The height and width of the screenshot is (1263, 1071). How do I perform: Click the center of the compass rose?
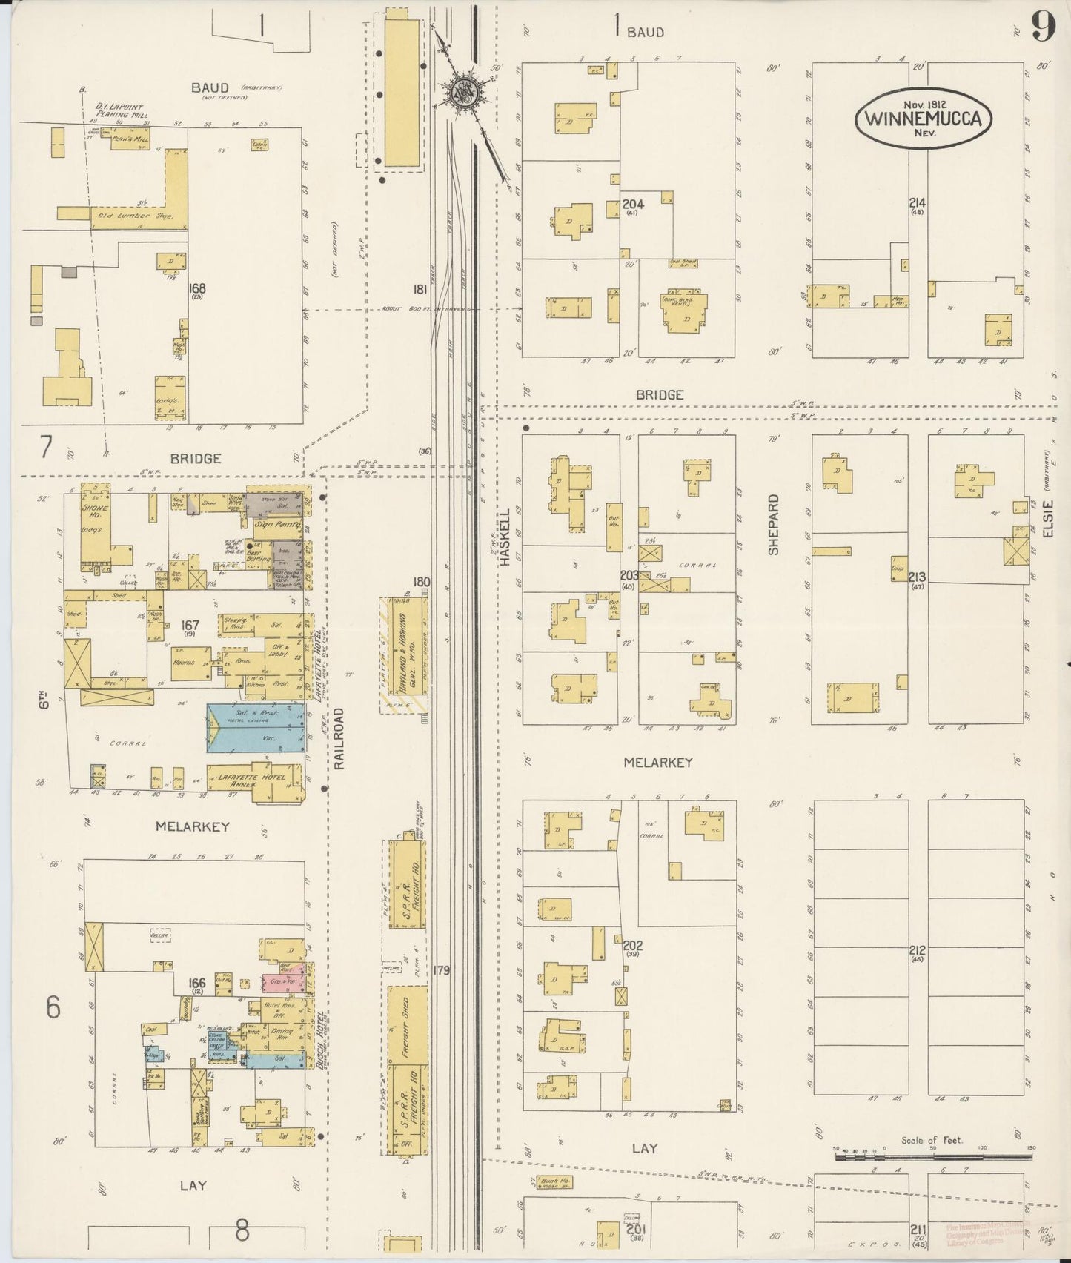point(465,93)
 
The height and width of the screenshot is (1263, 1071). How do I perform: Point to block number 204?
point(633,204)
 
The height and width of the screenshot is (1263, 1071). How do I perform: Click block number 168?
point(197,288)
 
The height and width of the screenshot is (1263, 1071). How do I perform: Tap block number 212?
point(918,949)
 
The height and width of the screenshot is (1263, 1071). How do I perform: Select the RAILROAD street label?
point(339,738)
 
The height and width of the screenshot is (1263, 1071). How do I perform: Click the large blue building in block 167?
point(256,728)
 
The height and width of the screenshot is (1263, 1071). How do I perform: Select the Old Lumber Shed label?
point(130,216)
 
